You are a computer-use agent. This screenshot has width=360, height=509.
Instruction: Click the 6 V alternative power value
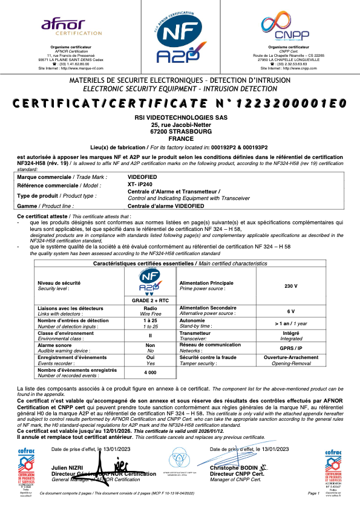[x=291, y=311]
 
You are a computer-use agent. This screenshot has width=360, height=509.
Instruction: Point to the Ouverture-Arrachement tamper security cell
[x=292, y=358]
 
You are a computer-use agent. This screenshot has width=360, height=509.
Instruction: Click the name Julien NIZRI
[x=68, y=468]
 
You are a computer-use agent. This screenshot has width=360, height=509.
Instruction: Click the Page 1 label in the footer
[x=313, y=494]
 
